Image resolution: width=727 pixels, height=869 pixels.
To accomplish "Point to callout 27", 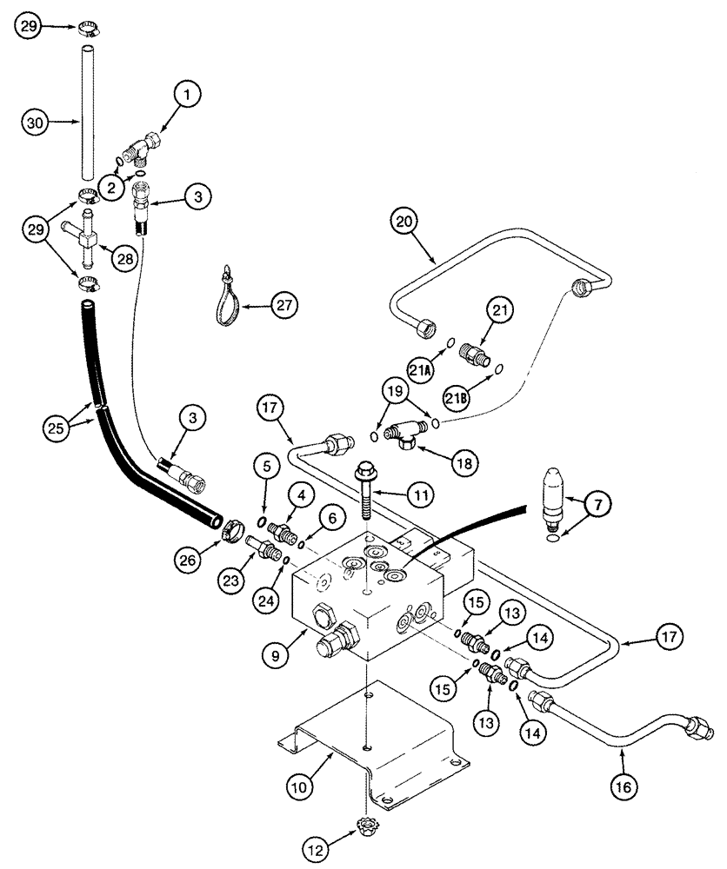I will coord(284,305).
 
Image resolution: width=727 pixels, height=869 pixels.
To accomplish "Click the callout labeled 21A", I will coord(421,371).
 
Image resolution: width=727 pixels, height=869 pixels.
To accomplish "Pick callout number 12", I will coord(317,843).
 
